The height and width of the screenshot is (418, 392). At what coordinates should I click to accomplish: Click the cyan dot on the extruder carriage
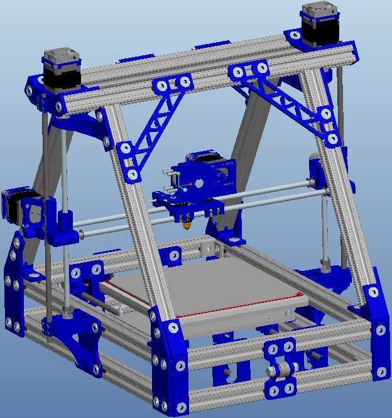pyautogui.click(x=185, y=189)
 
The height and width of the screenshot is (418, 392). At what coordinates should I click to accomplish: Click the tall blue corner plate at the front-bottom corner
pyautogui.click(x=170, y=371)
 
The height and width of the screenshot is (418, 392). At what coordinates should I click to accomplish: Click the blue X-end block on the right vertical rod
pyautogui.click(x=318, y=173)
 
